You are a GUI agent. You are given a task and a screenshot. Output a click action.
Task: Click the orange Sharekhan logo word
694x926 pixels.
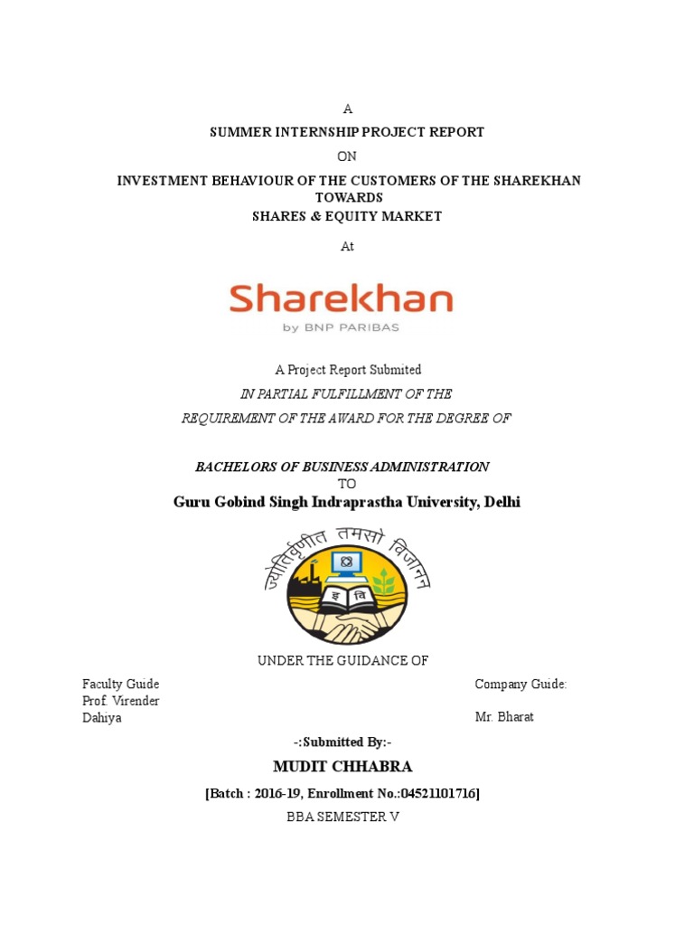(x=341, y=298)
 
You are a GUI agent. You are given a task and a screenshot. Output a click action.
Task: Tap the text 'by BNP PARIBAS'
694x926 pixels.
(x=341, y=328)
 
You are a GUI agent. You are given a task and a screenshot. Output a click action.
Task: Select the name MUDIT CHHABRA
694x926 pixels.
(x=342, y=767)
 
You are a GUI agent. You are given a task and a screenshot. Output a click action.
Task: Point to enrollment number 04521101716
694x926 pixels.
(x=437, y=793)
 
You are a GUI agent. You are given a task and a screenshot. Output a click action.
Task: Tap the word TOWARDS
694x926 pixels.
(x=349, y=197)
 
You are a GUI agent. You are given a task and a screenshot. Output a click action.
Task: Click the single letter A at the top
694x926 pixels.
(x=348, y=109)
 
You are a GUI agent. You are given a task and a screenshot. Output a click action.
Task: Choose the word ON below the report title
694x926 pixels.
(x=347, y=156)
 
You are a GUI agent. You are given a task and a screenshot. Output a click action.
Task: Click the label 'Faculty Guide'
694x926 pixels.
(x=120, y=685)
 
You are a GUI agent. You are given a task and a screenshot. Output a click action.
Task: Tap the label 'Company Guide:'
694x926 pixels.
(x=520, y=685)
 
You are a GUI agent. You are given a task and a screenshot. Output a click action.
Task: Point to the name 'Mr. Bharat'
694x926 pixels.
(x=504, y=717)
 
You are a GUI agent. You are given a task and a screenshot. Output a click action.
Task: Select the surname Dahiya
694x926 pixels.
(x=101, y=717)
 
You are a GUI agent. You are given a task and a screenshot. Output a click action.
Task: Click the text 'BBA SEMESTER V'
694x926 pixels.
(x=342, y=817)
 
